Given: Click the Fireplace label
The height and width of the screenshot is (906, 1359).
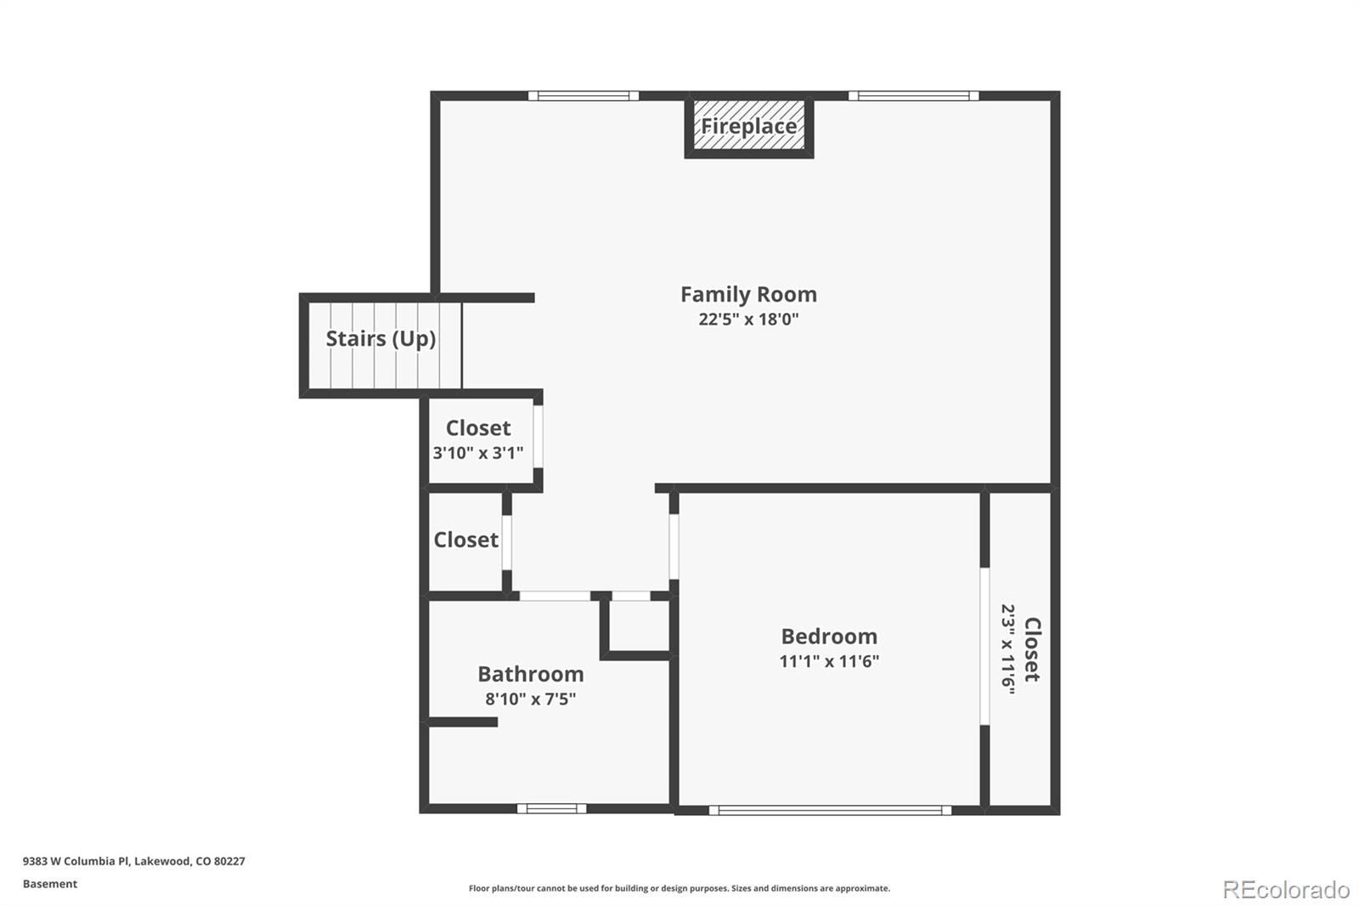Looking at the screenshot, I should point(748,127).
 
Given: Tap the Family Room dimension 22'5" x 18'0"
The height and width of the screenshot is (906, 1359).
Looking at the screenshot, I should point(748,320).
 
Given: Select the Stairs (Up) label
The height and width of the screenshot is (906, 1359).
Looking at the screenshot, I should point(381,338).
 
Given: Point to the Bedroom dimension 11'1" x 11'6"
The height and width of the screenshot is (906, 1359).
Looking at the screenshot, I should point(829,661).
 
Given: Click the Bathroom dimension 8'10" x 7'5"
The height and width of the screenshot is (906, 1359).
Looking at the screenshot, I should point(530,699).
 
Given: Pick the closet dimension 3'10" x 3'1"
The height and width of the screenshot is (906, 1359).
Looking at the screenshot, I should point(477,453).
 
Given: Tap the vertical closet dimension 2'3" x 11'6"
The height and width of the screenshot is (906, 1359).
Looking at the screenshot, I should point(1008,650).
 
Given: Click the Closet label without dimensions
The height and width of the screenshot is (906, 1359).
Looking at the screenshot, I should point(465,540).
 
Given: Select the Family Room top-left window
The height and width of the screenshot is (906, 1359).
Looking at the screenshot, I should point(584,95).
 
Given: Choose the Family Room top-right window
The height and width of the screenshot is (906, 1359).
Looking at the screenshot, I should point(913,95).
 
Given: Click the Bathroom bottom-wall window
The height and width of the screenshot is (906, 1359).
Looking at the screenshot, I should point(551,808).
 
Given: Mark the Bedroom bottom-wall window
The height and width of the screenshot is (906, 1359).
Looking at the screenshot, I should point(830,810).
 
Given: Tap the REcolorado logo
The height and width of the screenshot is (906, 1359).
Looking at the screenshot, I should point(1285,890).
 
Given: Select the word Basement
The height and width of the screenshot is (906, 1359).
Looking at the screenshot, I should point(49,884).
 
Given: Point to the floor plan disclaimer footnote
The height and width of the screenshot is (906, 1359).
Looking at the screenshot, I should point(679,888).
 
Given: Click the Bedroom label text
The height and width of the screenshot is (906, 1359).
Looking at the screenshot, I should point(829,636).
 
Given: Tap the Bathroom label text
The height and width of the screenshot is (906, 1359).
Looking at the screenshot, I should point(530,674).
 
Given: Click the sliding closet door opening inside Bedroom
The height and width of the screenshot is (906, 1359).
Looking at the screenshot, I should point(984,646).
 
